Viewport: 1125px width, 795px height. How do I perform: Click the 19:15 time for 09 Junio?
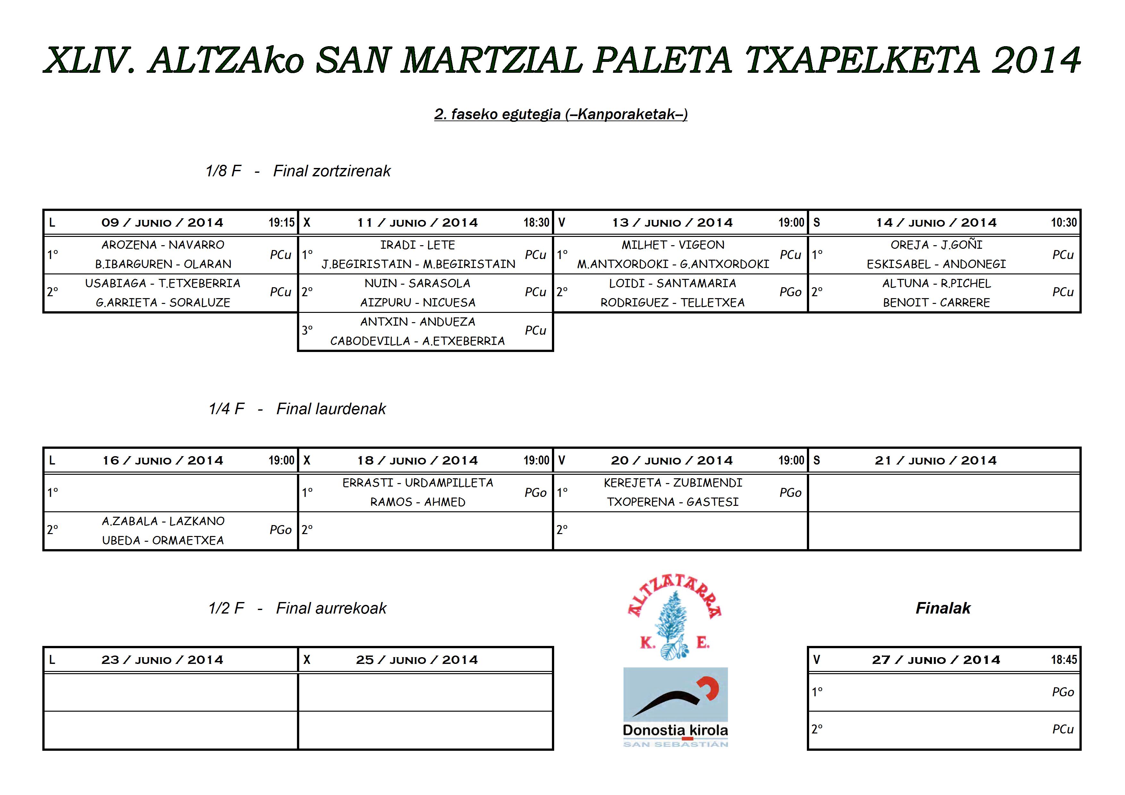click(281, 223)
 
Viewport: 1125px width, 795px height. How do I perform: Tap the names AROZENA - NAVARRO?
click(163, 245)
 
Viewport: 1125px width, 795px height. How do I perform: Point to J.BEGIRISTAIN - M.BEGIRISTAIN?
click(418, 264)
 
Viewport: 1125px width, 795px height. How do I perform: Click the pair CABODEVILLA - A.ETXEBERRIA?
click(418, 341)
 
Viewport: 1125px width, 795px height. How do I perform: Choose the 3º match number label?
click(307, 331)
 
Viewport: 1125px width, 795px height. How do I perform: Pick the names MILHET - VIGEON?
click(673, 245)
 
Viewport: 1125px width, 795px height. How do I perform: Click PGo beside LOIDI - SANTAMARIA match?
click(790, 292)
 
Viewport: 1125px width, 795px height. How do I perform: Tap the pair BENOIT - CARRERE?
click(936, 303)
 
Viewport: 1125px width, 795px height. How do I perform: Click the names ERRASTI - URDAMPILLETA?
click(418, 483)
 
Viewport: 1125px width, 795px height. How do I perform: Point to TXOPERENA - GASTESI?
click(673, 502)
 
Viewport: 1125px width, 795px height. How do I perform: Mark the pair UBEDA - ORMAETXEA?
click(163, 541)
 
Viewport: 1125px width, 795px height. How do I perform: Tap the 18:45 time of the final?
click(1064, 660)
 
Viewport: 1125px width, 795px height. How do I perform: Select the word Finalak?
click(943, 608)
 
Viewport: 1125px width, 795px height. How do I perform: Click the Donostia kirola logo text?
click(675, 730)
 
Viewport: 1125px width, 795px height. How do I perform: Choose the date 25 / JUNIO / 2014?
click(417, 660)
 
